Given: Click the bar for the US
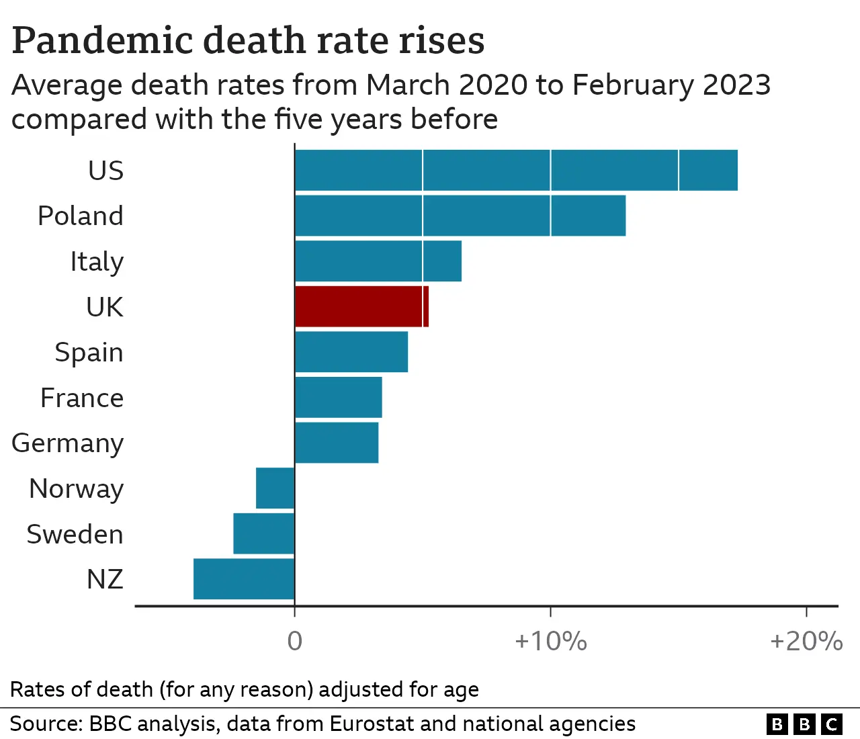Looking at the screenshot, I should (516, 171).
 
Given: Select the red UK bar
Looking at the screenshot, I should (361, 306).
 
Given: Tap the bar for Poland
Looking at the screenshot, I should (460, 216).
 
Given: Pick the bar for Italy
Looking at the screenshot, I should (378, 261).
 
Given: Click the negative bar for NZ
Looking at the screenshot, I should (244, 578).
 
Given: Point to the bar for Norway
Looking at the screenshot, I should (275, 488).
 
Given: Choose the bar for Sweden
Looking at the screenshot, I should (264, 533).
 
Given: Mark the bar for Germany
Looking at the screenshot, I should (337, 443).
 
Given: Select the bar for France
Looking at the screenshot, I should (339, 398).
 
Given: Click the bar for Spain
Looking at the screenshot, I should (351, 352).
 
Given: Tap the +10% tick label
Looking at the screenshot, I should (550, 641).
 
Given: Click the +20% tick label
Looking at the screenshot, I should (806, 641).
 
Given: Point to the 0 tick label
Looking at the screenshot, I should (294, 641).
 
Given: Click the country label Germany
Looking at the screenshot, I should (68, 444).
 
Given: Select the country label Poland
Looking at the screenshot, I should (81, 216).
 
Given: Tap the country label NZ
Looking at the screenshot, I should (105, 579).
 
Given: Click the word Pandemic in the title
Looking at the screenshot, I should (103, 40).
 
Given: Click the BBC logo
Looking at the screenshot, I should (804, 724).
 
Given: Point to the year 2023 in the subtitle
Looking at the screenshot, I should (736, 85).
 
